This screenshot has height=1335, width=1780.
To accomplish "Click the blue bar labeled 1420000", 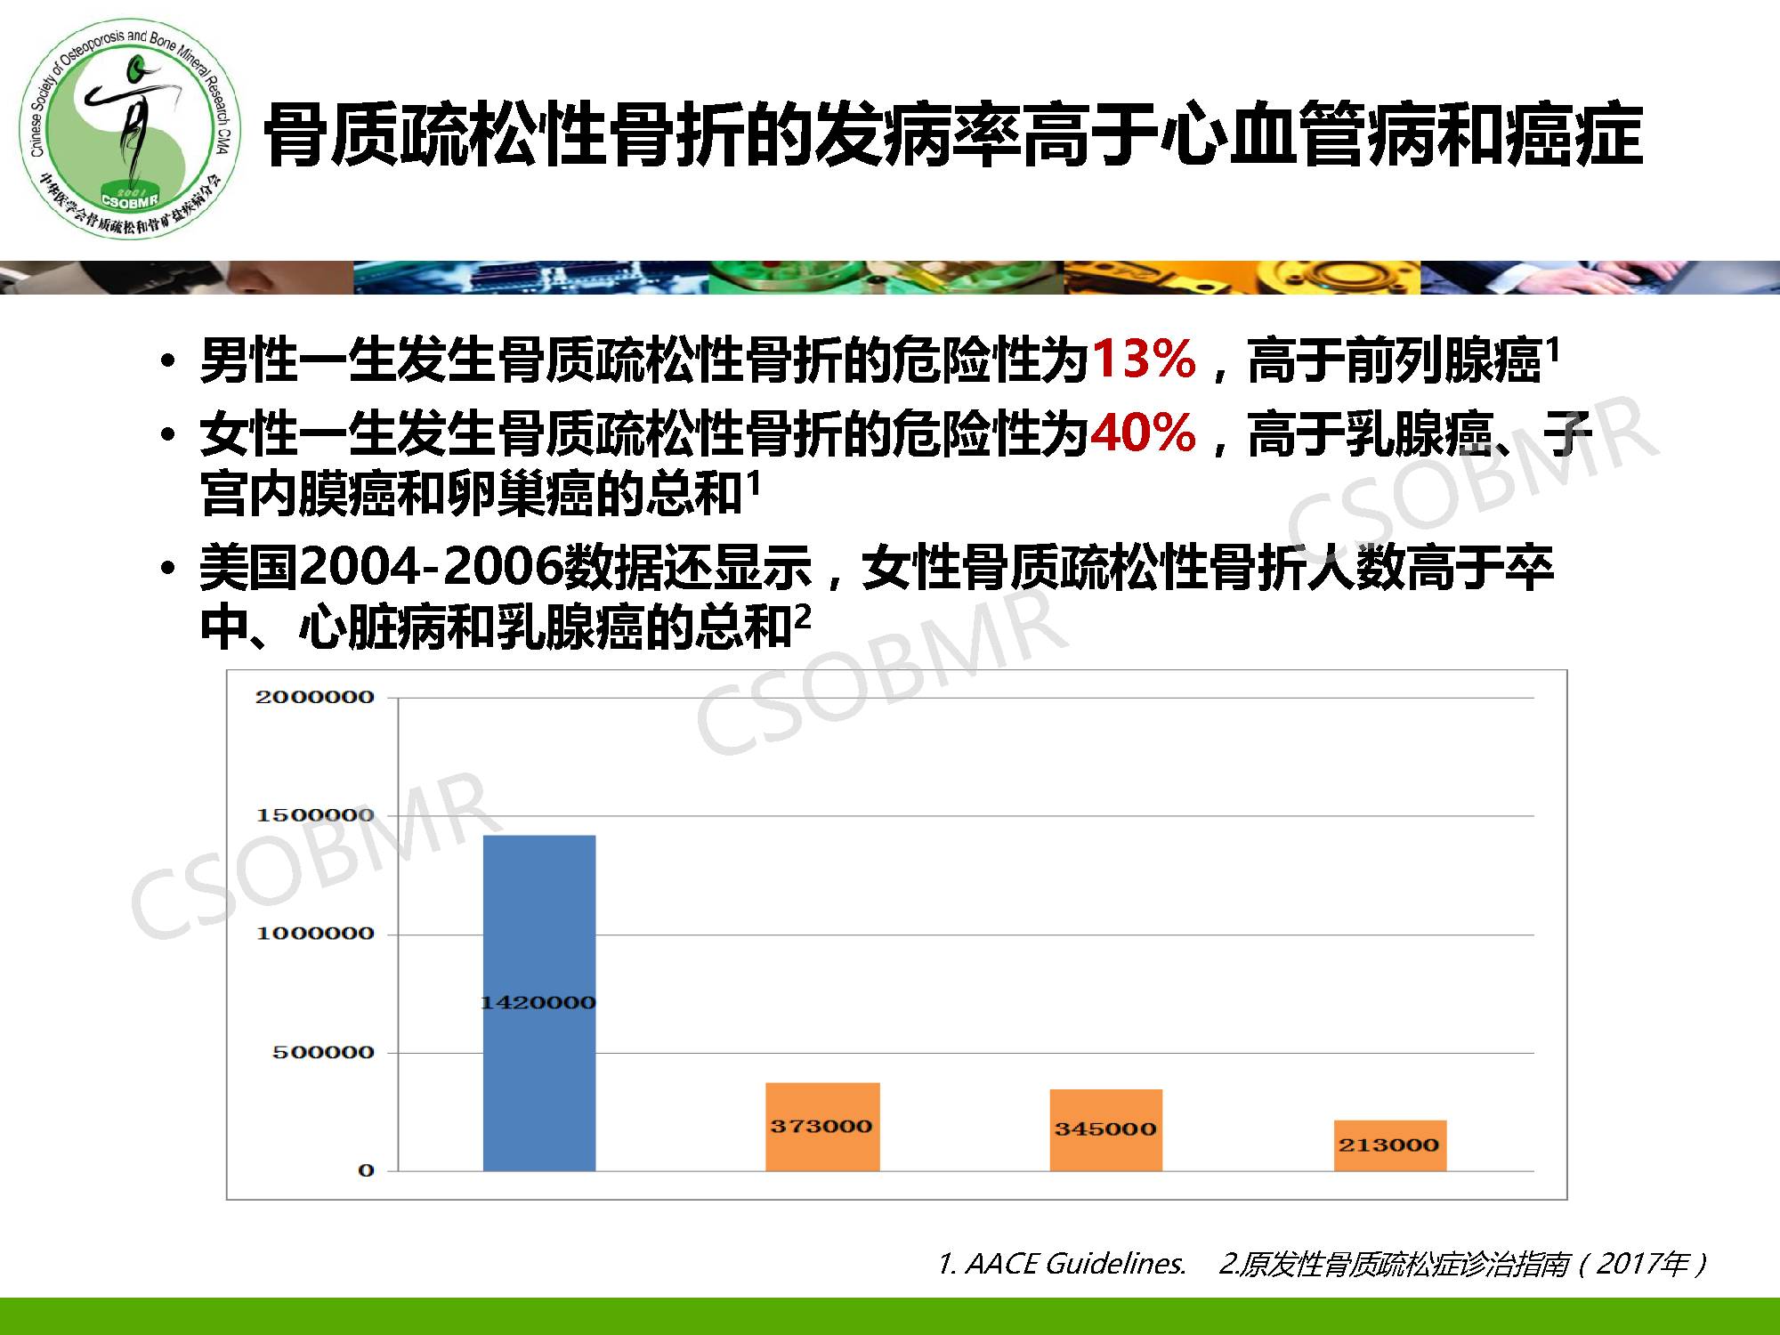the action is coord(539,1003).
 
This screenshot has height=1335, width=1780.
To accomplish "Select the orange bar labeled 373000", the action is coord(822,1127).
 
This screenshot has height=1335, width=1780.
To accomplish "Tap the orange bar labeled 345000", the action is coord(1106,1130).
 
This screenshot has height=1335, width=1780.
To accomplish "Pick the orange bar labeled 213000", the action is coord(1389,1145).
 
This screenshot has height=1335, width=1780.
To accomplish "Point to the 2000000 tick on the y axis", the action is coord(315,697).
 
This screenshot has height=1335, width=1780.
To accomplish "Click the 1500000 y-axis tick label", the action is coord(315,815).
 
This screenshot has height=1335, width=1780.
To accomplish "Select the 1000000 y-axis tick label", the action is coord(315,934).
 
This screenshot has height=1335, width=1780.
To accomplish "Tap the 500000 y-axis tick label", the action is coord(323,1053).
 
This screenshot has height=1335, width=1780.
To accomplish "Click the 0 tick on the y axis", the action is coord(366,1171).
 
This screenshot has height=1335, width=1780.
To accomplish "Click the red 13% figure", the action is coord(1144,360).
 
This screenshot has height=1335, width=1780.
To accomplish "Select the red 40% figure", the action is coord(1144,433).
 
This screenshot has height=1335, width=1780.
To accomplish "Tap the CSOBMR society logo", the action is coord(131,128).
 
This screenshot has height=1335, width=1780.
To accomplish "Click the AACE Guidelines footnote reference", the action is coord(1062,1264).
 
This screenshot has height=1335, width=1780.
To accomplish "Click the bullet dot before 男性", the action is coord(168,363).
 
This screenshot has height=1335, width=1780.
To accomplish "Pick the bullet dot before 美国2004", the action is coord(168,570).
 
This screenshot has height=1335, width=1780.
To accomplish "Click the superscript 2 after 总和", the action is coord(803,617).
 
